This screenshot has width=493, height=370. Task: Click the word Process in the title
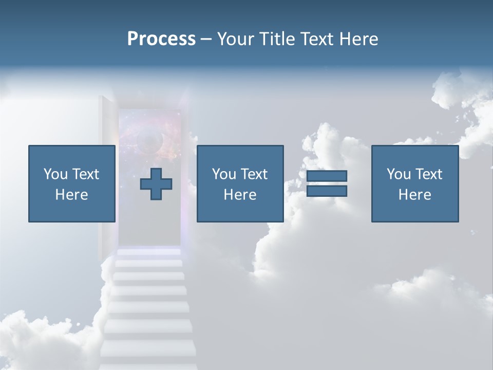coord(161,39)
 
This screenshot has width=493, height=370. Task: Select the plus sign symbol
coord(156,184)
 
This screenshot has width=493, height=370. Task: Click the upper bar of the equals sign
coord(327,176)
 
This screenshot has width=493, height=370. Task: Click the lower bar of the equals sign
coord(327,191)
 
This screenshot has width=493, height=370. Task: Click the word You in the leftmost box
coord(55,174)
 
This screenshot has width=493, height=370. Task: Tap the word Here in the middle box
coord(240,195)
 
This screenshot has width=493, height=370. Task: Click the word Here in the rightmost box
coord(414,195)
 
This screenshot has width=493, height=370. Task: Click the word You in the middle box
coord(223,174)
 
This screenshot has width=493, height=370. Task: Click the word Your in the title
coord(236,39)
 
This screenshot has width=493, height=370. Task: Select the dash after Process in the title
coord(206,40)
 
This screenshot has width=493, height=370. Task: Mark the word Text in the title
coord(317,39)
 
